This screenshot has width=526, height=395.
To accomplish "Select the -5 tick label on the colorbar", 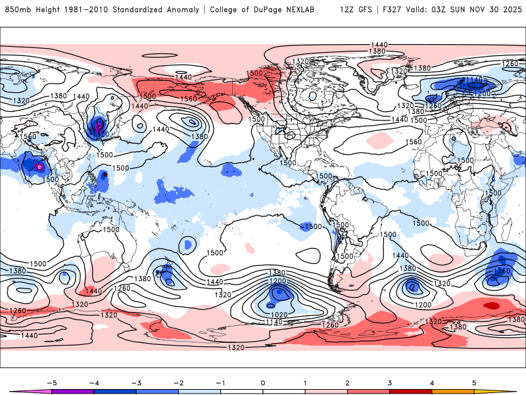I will point(49,382).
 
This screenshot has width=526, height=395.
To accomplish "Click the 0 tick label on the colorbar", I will point(263,382).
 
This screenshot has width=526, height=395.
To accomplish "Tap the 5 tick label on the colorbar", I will point(474,382).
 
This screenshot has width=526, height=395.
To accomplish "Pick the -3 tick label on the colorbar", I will point(134,382).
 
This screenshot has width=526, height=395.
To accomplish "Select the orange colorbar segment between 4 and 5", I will point(453,392).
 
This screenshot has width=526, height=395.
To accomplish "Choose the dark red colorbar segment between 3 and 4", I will point(411,392).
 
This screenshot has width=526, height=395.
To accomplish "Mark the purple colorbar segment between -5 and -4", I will point(73,392).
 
